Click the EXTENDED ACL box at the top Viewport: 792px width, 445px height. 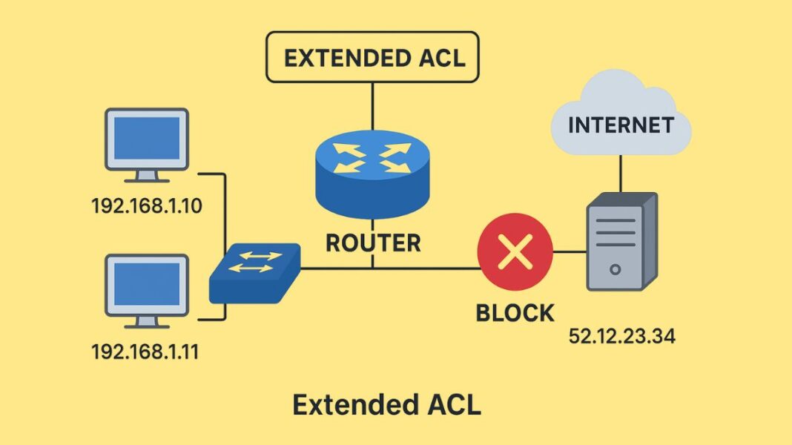tap(373, 57)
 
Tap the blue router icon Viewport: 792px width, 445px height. tap(373, 174)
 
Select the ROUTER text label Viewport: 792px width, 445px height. tap(373, 243)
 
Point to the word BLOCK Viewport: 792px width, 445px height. tap(515, 312)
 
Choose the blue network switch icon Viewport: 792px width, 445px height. tap(254, 272)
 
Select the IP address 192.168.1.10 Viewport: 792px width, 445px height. tap(146, 206)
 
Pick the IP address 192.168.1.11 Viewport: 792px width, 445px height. tap(145, 351)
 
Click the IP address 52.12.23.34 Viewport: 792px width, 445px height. tap(622, 336)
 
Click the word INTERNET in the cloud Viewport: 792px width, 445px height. tap(621, 125)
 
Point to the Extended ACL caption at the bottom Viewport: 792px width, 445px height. tap(386, 405)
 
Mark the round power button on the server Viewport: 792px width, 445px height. tap(615, 268)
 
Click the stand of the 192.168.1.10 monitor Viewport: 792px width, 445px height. tap(147, 177)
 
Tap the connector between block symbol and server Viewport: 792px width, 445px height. tap(570, 252)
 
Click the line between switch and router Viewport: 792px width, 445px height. tap(334, 268)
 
